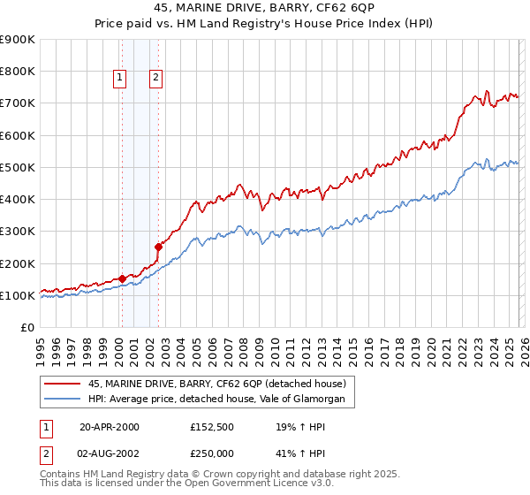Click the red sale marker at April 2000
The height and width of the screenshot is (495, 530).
click(x=122, y=278)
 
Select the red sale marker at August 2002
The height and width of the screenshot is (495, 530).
click(x=158, y=247)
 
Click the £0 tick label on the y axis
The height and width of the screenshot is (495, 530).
click(x=27, y=328)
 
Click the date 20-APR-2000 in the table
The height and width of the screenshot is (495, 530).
click(x=110, y=427)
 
